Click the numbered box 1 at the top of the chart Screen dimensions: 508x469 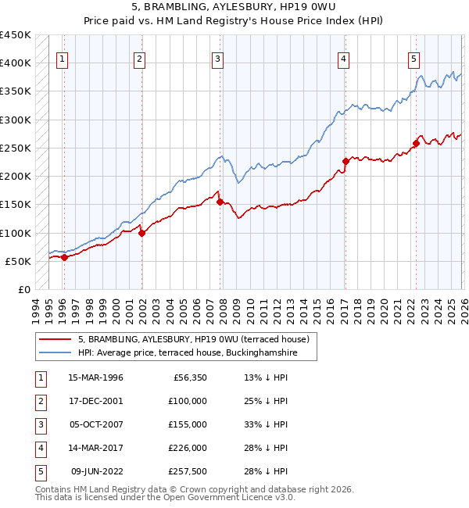[62, 58]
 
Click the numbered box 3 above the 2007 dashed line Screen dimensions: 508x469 [217, 58]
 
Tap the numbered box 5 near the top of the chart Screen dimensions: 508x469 [414, 58]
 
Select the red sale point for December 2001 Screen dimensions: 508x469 [141, 233]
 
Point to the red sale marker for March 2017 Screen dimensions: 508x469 [345, 162]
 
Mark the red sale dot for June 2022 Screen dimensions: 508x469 [416, 143]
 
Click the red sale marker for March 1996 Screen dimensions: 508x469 [64, 258]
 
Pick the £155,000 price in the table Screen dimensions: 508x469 [188, 424]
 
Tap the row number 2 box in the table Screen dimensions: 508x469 [38, 401]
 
